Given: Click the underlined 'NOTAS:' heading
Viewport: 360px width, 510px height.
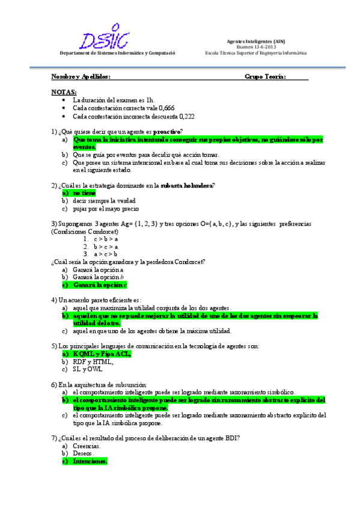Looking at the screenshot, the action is coord(64,91).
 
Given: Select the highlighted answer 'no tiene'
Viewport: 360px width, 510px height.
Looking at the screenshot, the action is coord(84,193).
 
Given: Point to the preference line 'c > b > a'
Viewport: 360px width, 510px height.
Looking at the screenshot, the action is coord(106,239).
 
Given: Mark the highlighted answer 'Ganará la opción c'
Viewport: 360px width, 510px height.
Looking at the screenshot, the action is coord(100,284).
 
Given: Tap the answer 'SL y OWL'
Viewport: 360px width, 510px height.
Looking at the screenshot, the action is coord(89,369).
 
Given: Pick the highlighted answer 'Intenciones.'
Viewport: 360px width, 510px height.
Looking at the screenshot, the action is coord(90,461).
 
